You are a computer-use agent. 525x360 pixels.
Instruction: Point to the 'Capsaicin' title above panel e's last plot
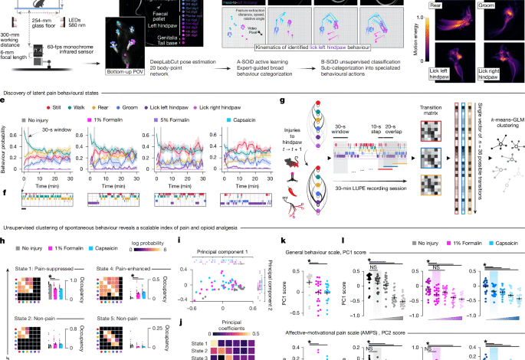click(x=243, y=119)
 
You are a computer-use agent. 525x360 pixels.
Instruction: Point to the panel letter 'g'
click(x=284, y=100)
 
